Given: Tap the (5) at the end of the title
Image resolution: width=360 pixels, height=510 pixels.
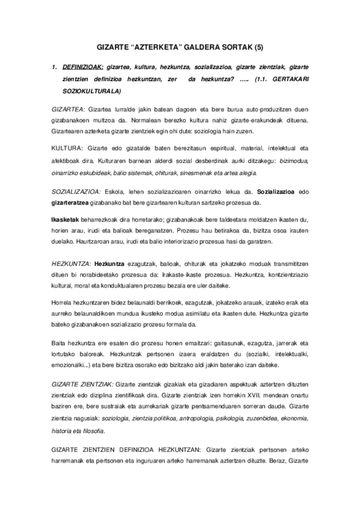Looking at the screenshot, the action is (x=255, y=47).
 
